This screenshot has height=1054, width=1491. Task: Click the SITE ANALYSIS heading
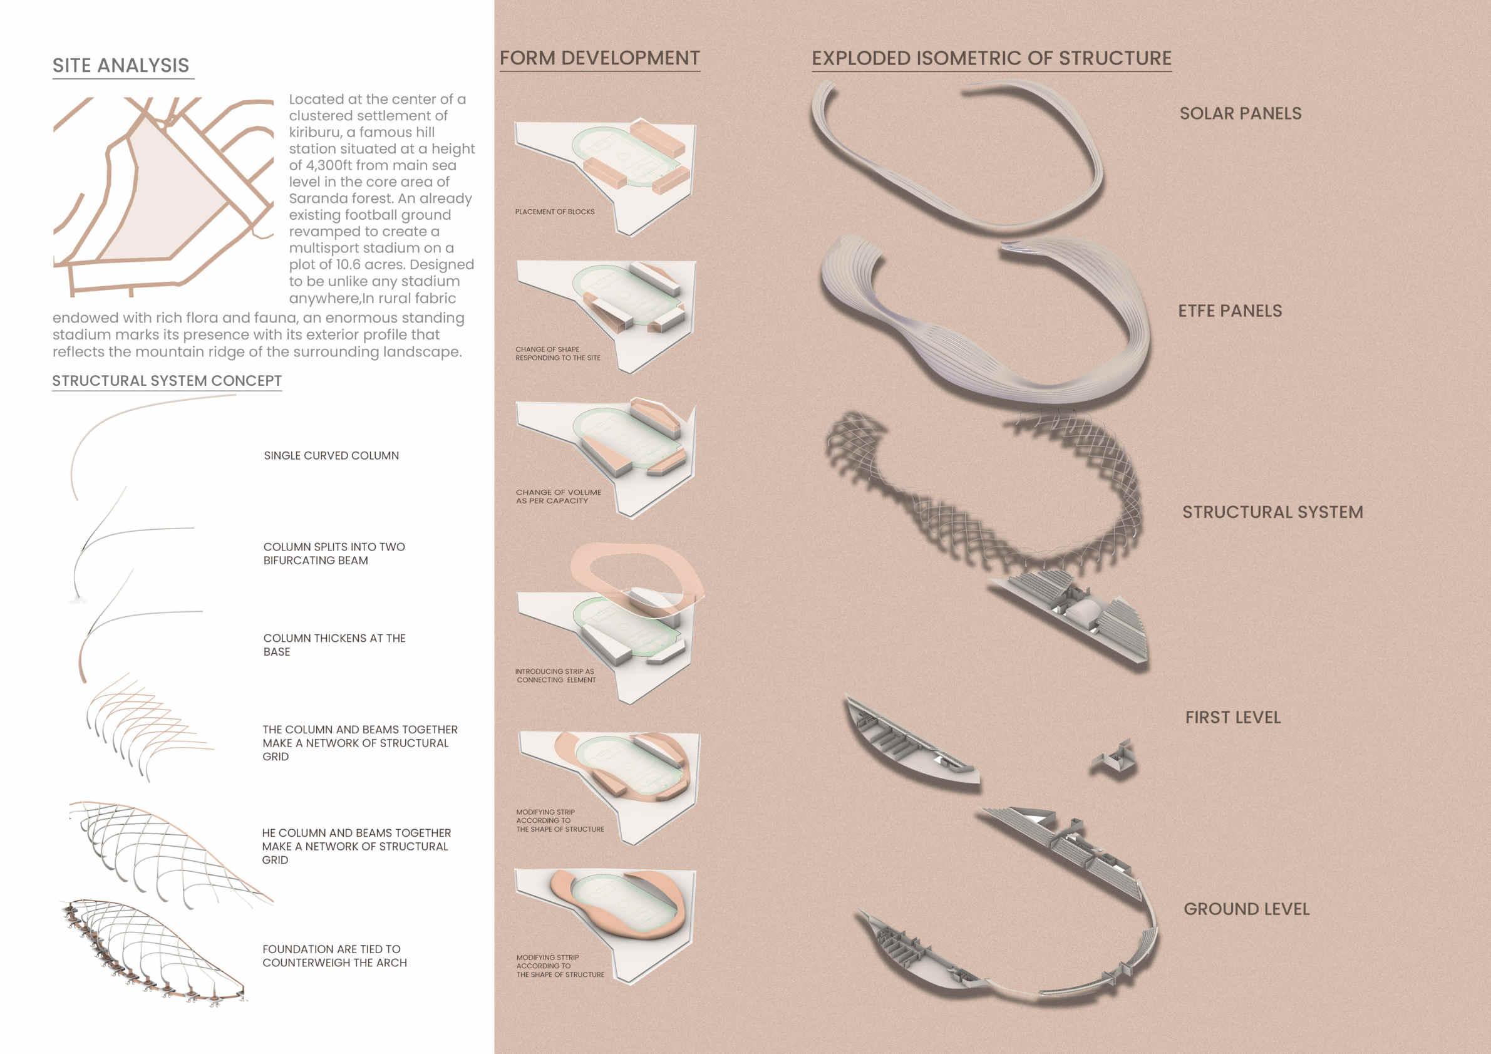[x=121, y=66]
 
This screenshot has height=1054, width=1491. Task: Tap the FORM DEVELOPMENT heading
[x=599, y=58]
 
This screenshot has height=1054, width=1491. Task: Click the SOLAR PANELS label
[x=1241, y=113]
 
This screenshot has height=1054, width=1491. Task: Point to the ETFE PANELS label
[x=1230, y=311]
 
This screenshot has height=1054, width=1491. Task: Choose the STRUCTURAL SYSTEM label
[x=1272, y=512]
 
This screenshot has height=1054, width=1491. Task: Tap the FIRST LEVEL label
[x=1232, y=718]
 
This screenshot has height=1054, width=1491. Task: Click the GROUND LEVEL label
[x=1246, y=909]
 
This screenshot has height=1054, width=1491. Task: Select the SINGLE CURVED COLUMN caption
[x=331, y=456]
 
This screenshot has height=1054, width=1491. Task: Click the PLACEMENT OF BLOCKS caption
[x=555, y=212]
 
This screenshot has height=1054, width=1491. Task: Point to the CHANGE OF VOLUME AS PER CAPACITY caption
[x=558, y=497]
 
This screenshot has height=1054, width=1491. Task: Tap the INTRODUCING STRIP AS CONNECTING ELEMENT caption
[x=555, y=675]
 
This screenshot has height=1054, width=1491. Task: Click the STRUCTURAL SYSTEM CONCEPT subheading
[x=167, y=381]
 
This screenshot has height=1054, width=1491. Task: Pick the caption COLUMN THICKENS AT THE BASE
[x=334, y=645]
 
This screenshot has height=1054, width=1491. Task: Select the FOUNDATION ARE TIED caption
[x=334, y=956]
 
